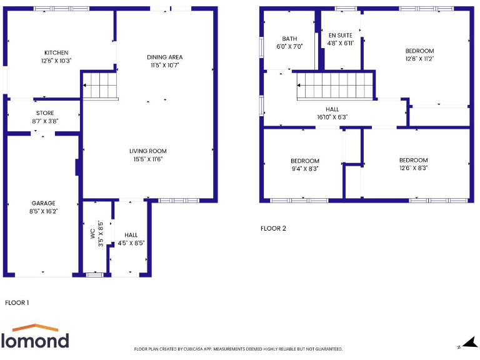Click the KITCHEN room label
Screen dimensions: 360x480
coord(56,52)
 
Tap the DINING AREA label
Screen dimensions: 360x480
coord(165,57)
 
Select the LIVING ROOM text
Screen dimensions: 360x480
coord(148,151)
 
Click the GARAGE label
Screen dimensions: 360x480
coord(44,203)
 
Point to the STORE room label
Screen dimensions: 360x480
coord(45,114)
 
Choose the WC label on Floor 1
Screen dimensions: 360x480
coord(92,234)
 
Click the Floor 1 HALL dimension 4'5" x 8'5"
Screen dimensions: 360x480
coord(131,243)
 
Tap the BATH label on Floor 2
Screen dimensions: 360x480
coord(289,39)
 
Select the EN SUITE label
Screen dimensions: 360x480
coord(341,36)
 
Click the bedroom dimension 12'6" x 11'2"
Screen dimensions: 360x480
coord(419,59)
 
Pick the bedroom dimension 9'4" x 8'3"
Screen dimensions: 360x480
coord(304,169)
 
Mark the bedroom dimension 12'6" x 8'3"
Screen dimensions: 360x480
coord(414,168)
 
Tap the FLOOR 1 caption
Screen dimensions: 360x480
coord(17,302)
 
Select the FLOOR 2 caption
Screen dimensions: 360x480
coord(273,228)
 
